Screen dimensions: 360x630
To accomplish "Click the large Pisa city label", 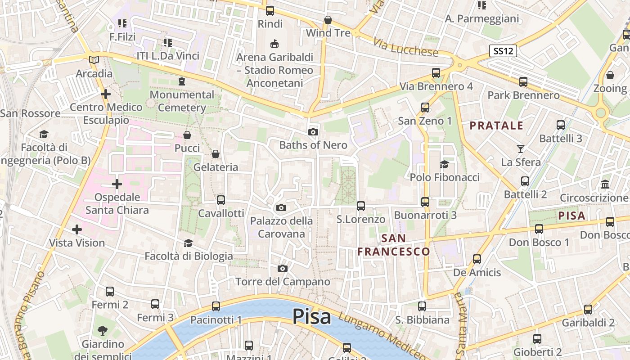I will click(x=312, y=317).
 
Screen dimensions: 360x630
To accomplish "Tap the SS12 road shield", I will click(x=503, y=51).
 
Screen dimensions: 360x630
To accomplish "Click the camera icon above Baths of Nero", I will click(x=313, y=132).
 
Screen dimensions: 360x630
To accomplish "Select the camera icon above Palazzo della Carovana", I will click(x=281, y=207).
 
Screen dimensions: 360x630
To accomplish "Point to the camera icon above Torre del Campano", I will click(x=283, y=269).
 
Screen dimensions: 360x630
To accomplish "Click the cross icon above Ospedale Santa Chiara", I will click(x=117, y=184).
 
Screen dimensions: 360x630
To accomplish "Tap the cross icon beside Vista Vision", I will click(x=77, y=229).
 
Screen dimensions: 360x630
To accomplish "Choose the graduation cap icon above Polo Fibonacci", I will click(x=445, y=164).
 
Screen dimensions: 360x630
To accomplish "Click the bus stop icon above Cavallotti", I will click(x=221, y=200).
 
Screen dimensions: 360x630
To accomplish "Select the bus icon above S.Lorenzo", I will click(x=361, y=206).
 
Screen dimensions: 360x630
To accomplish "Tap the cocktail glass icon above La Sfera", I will click(x=521, y=148).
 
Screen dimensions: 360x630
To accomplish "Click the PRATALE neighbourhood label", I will click(x=497, y=126).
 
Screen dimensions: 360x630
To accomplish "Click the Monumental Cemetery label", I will click(x=182, y=101).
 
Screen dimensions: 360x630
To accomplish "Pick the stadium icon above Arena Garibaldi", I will click(x=274, y=44).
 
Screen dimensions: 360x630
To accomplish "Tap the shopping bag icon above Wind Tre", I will click(x=328, y=20).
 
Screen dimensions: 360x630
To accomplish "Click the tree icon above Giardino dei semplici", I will click(x=103, y=331).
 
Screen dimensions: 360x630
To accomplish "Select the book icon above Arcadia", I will click(x=94, y=60).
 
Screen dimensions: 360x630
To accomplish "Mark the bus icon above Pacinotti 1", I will click(x=216, y=306).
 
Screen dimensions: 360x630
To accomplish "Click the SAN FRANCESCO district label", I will click(x=393, y=245).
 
